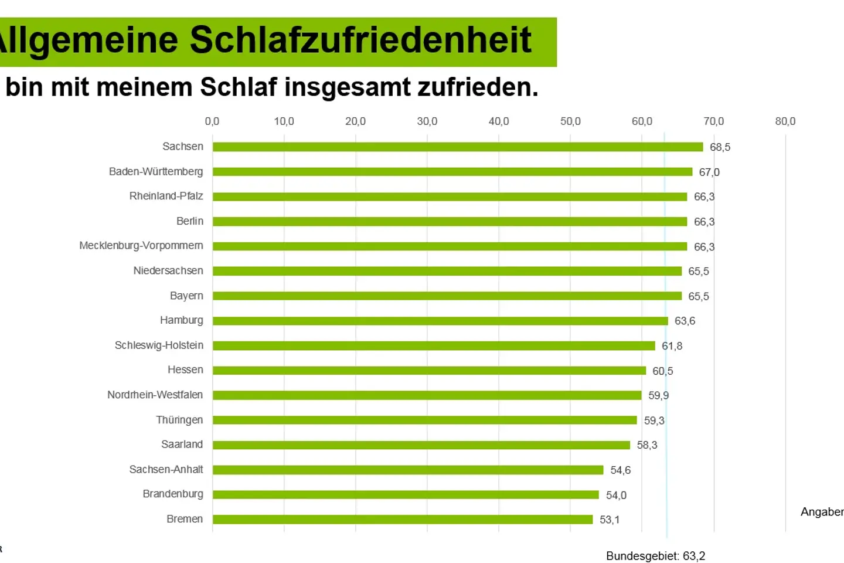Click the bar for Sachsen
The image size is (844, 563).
coord(457,147)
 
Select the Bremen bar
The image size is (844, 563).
coord(403,520)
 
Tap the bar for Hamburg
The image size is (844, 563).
coord(440,321)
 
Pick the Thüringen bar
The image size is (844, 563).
coord(424,420)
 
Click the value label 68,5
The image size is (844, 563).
coord(720,147)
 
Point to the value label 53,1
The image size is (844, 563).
coord(610,520)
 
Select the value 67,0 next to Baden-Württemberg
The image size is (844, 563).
coord(709,172)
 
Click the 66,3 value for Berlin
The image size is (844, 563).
coord(704,222)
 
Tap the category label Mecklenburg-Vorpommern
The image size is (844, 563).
coord(141,246)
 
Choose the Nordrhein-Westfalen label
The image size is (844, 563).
coord(155,395)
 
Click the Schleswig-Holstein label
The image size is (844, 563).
coord(159,345)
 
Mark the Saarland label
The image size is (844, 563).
coord(182,445)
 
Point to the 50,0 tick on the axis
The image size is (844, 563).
coord(570,121)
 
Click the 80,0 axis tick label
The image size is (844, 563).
coord(785,121)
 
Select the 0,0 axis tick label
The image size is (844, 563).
coord(212,121)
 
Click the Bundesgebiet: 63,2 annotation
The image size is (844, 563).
coord(655,556)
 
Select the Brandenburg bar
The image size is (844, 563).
coord(406,495)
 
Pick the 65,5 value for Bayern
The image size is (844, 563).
coord(698,297)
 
